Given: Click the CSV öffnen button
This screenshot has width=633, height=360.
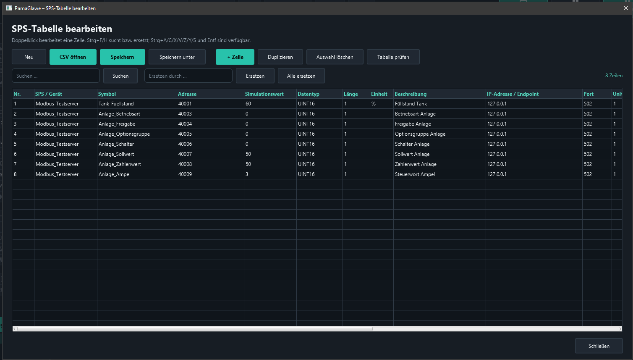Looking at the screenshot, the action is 73,57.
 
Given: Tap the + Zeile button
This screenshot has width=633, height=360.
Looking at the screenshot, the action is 235,57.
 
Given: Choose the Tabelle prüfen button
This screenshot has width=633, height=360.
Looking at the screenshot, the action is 393,57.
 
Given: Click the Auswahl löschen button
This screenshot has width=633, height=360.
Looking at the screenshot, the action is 335,57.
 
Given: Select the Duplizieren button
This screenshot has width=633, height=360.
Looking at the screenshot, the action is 280,57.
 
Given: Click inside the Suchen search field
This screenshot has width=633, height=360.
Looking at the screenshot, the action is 56,76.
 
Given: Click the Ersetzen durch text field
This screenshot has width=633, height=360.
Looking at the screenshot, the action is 188,76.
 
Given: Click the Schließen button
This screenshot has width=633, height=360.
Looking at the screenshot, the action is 599,346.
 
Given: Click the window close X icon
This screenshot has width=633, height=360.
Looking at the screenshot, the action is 625,8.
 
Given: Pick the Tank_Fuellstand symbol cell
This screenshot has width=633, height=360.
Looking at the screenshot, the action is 137,104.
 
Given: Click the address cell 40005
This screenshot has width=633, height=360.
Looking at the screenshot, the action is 210,134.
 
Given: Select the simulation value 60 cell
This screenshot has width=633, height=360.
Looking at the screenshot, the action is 270,104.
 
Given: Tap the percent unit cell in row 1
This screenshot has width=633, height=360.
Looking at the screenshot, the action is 382,104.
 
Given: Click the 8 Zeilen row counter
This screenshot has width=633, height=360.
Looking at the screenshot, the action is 614,76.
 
